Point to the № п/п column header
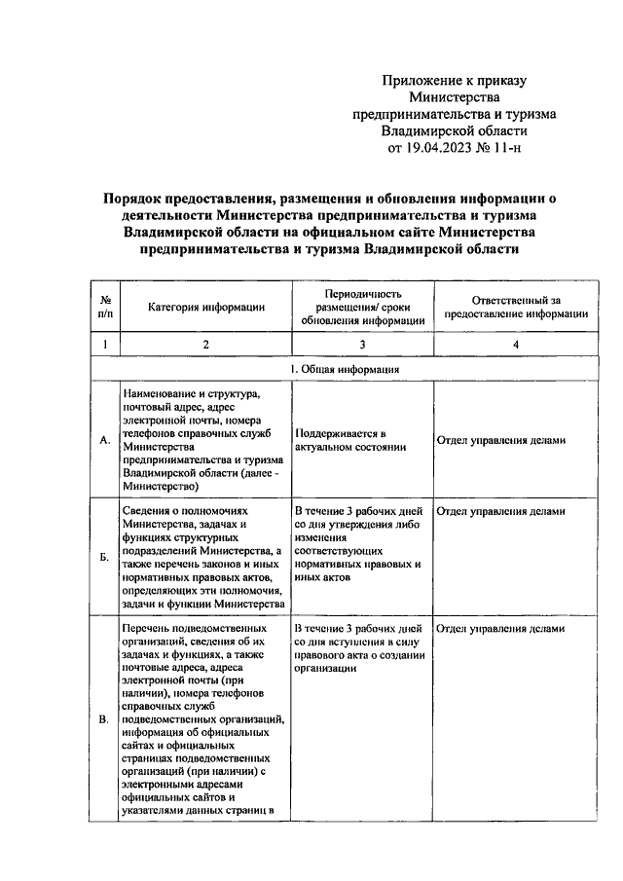point(104,308)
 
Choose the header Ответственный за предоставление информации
point(516,308)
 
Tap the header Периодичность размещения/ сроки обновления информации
point(362,308)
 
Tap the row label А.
point(104,440)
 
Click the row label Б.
point(104,559)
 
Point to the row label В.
point(104,719)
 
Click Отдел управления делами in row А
point(500,440)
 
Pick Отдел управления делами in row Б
point(500,510)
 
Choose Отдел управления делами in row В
point(500,628)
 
